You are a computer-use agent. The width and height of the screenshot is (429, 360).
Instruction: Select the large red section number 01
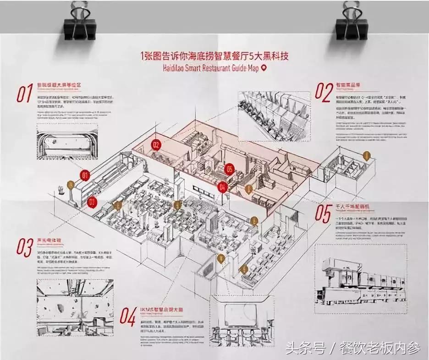(24, 93)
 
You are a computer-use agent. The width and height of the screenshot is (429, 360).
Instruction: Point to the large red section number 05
(323, 214)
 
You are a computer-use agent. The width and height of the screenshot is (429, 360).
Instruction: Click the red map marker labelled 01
(84, 175)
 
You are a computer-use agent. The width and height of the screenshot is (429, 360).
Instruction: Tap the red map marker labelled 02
(156, 146)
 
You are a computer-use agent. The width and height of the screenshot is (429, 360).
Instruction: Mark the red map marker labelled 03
(92, 201)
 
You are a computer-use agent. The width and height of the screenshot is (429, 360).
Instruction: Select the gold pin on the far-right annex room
(366, 157)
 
